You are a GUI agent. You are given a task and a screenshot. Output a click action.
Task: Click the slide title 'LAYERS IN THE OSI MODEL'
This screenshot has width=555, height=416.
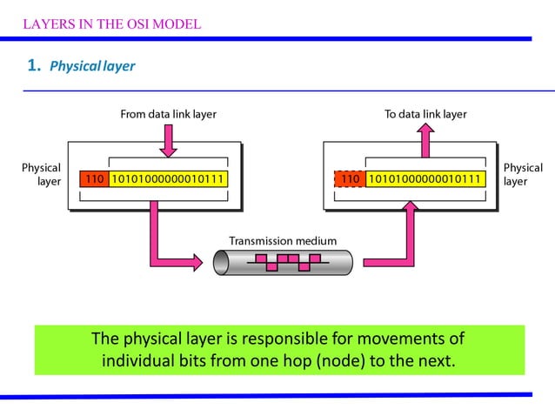[111, 23]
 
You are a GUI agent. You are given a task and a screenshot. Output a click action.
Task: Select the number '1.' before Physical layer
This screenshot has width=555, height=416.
[34, 65]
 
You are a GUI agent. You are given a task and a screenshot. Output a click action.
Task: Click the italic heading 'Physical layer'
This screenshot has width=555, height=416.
[92, 66]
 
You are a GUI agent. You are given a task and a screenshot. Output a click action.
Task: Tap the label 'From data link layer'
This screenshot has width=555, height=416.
[168, 114]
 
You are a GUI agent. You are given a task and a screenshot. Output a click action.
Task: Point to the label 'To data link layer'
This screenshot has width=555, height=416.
[425, 114]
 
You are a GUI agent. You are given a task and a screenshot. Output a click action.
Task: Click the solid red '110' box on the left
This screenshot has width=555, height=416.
[94, 179]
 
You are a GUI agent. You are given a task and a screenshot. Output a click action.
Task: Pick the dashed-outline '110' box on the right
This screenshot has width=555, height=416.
[349, 179]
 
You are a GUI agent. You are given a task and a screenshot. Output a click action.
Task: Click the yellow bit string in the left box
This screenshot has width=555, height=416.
[171, 179]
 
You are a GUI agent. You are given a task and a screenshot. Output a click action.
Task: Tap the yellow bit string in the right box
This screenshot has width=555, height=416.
[425, 179]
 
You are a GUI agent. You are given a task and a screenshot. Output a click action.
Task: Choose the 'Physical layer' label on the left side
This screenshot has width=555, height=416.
[42, 174]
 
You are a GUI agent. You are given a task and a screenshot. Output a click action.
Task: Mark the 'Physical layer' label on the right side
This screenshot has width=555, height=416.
[522, 174]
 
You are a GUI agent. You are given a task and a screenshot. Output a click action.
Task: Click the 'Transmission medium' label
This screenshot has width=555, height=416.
[282, 240]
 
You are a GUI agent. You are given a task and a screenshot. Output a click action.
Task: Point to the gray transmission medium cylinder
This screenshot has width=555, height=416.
[283, 260]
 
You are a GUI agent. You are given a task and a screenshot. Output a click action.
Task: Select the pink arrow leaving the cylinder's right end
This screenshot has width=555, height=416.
[396, 244]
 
